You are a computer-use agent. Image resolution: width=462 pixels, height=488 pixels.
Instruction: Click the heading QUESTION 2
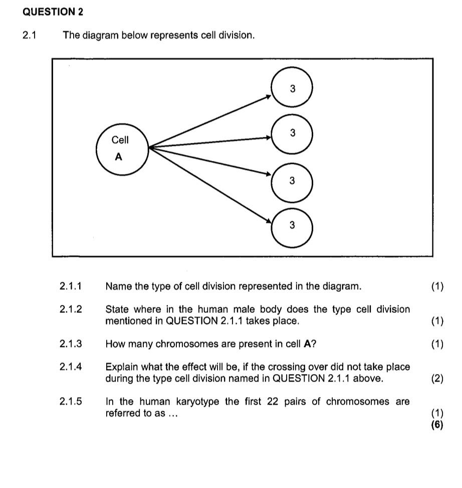point(53,11)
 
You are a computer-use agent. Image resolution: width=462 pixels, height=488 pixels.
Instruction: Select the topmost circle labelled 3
point(292,89)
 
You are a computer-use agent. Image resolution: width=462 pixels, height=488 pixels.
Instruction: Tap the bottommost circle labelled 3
point(292,226)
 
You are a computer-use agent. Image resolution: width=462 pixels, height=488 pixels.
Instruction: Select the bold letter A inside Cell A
point(119,157)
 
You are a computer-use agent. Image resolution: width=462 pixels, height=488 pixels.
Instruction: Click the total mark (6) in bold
point(437,425)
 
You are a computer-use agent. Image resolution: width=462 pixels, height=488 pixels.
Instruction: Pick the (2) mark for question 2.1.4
point(437,379)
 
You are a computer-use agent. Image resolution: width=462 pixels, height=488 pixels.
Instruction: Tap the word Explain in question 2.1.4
point(121,367)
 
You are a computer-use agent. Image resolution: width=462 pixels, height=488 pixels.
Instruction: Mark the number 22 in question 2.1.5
point(275,402)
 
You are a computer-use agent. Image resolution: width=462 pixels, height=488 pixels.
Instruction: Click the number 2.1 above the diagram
point(30,36)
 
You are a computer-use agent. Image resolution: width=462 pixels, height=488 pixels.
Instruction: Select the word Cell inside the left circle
point(120,140)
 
